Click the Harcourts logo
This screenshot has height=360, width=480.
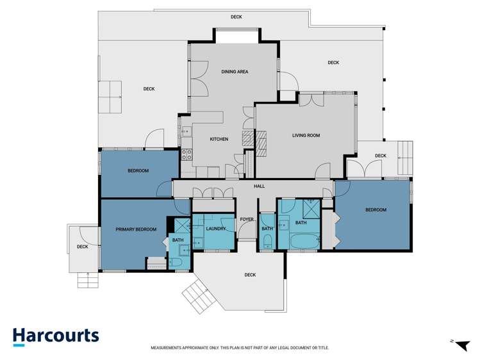[x=56, y=337]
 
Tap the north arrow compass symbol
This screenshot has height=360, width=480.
[x=461, y=345]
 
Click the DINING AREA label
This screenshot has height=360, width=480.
[x=235, y=72]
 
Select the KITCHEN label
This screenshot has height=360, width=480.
[x=219, y=139]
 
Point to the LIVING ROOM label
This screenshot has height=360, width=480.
[x=306, y=136]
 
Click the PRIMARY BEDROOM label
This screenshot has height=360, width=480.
[x=136, y=229]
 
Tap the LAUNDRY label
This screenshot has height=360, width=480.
[x=216, y=229]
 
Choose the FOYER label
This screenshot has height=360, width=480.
[x=247, y=219]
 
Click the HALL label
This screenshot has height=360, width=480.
[x=260, y=186]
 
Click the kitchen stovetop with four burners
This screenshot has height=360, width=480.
[x=186, y=154]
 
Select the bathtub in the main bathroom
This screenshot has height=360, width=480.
[x=305, y=241]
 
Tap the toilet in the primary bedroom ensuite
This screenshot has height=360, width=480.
[x=176, y=263]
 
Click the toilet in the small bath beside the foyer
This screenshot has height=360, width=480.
[x=267, y=241]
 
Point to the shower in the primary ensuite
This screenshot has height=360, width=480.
[x=182, y=225]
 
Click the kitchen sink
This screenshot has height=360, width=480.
[x=186, y=131]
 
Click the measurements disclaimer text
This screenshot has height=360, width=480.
[x=240, y=348]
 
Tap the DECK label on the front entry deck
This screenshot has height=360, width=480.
[x=250, y=275]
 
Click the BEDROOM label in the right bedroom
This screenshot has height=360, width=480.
[x=376, y=210]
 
